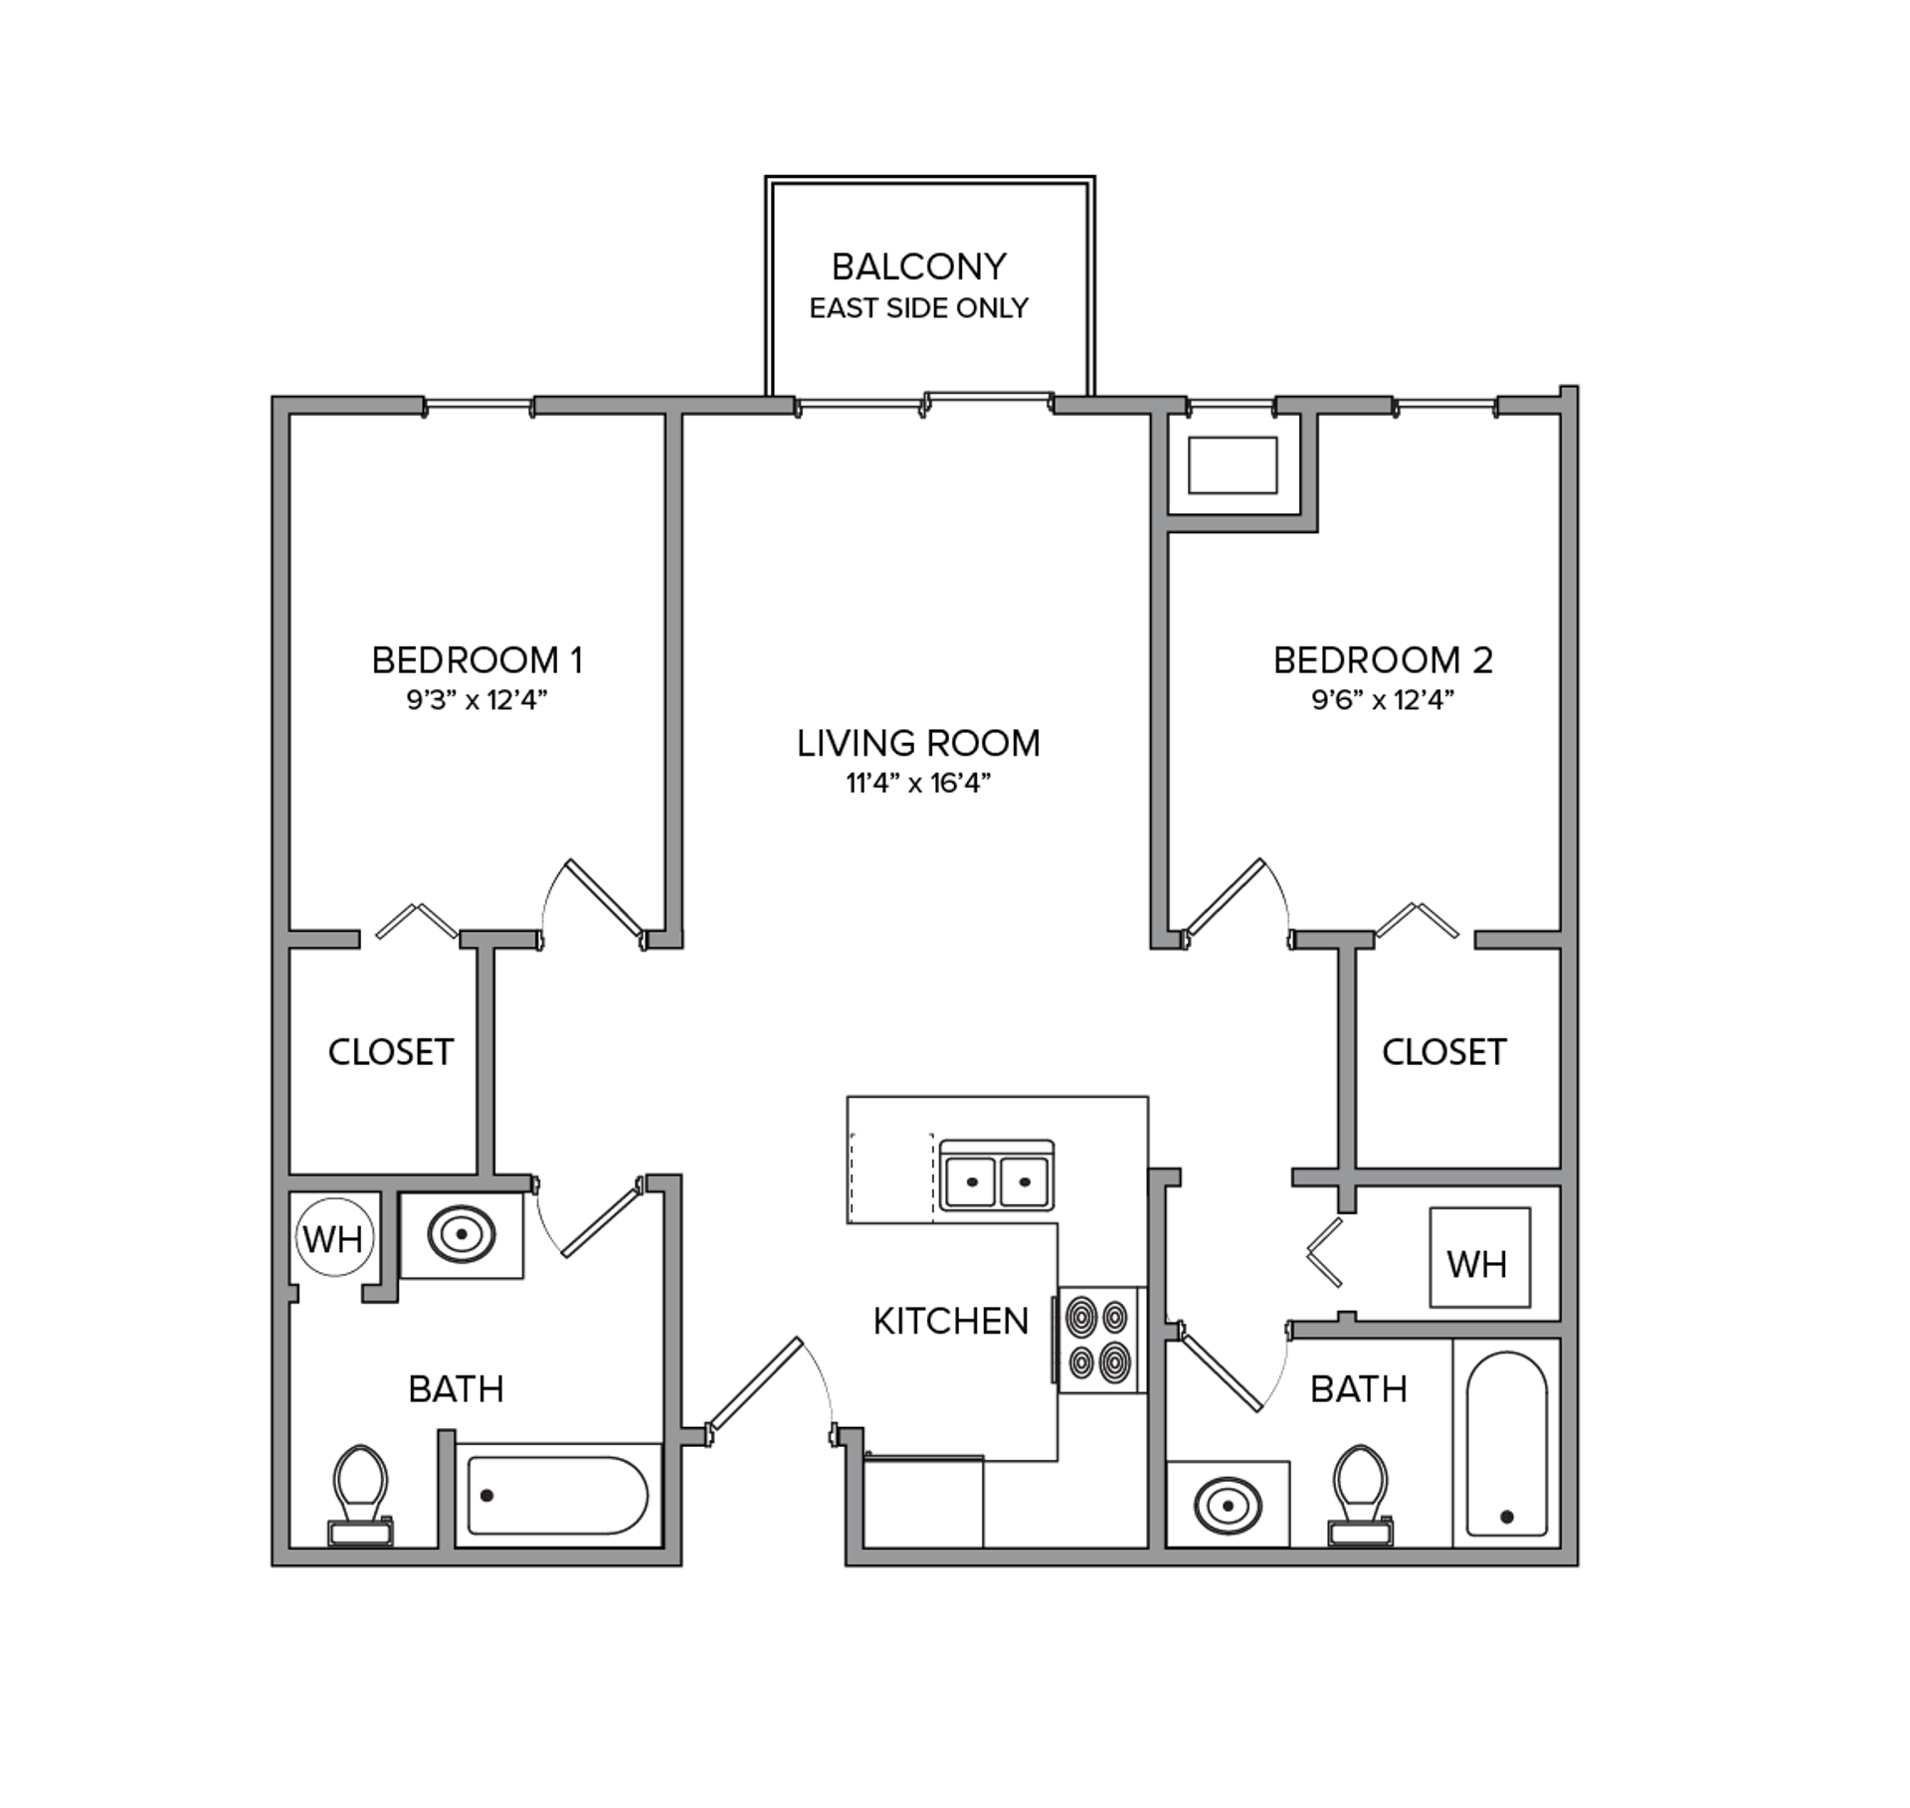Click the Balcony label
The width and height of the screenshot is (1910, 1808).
(x=918, y=267)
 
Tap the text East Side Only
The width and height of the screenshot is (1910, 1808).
(x=918, y=308)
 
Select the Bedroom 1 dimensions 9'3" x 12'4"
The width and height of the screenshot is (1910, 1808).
(x=477, y=700)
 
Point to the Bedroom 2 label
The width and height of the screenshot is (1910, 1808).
(x=1383, y=659)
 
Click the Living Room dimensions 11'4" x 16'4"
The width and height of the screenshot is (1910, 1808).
(x=918, y=784)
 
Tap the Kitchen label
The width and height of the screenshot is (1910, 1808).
(x=950, y=1321)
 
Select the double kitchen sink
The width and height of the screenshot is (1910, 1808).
(x=997, y=1176)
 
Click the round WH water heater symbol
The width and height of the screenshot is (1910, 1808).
(x=334, y=1239)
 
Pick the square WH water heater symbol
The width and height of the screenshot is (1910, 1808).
(x=1480, y=1258)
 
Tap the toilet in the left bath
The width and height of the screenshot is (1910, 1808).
(x=360, y=1496)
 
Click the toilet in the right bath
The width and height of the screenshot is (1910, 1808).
(x=1360, y=1496)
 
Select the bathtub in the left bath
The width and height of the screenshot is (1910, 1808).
(x=558, y=1496)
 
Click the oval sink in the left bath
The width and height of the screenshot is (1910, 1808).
(x=462, y=1234)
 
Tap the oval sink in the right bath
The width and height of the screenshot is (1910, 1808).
(x=1228, y=1506)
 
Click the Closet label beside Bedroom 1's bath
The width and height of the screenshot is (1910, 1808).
(x=391, y=1051)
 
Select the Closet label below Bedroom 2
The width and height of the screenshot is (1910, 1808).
(x=1444, y=1051)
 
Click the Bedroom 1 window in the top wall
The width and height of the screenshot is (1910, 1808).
(x=478, y=406)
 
